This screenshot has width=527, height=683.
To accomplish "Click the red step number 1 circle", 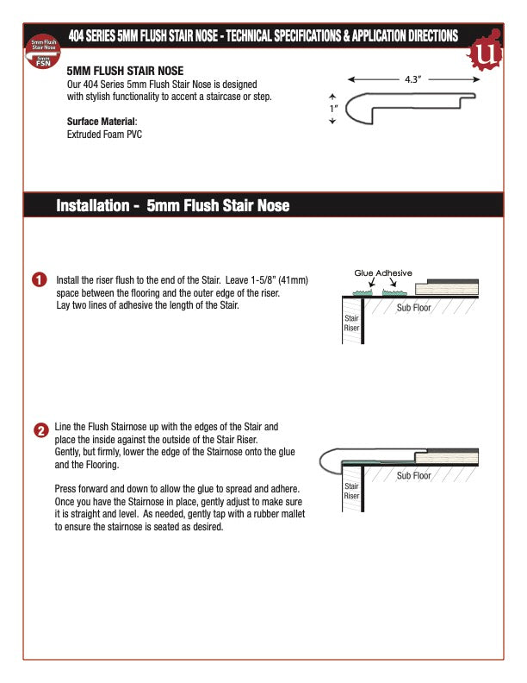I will coord(39,280).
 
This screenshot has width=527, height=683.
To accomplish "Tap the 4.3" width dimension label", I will coord(412,78).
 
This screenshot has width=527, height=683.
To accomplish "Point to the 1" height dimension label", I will coord(332,110).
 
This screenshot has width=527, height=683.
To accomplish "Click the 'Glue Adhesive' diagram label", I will coord(383,273).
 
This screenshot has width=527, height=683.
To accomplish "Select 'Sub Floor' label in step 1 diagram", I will coord(413,307).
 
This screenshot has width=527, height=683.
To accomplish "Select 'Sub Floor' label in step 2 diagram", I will coord(413,475).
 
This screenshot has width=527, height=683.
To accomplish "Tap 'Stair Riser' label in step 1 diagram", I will coord(351,323).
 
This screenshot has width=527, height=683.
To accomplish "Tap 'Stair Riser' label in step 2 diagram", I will coord(351,492).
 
